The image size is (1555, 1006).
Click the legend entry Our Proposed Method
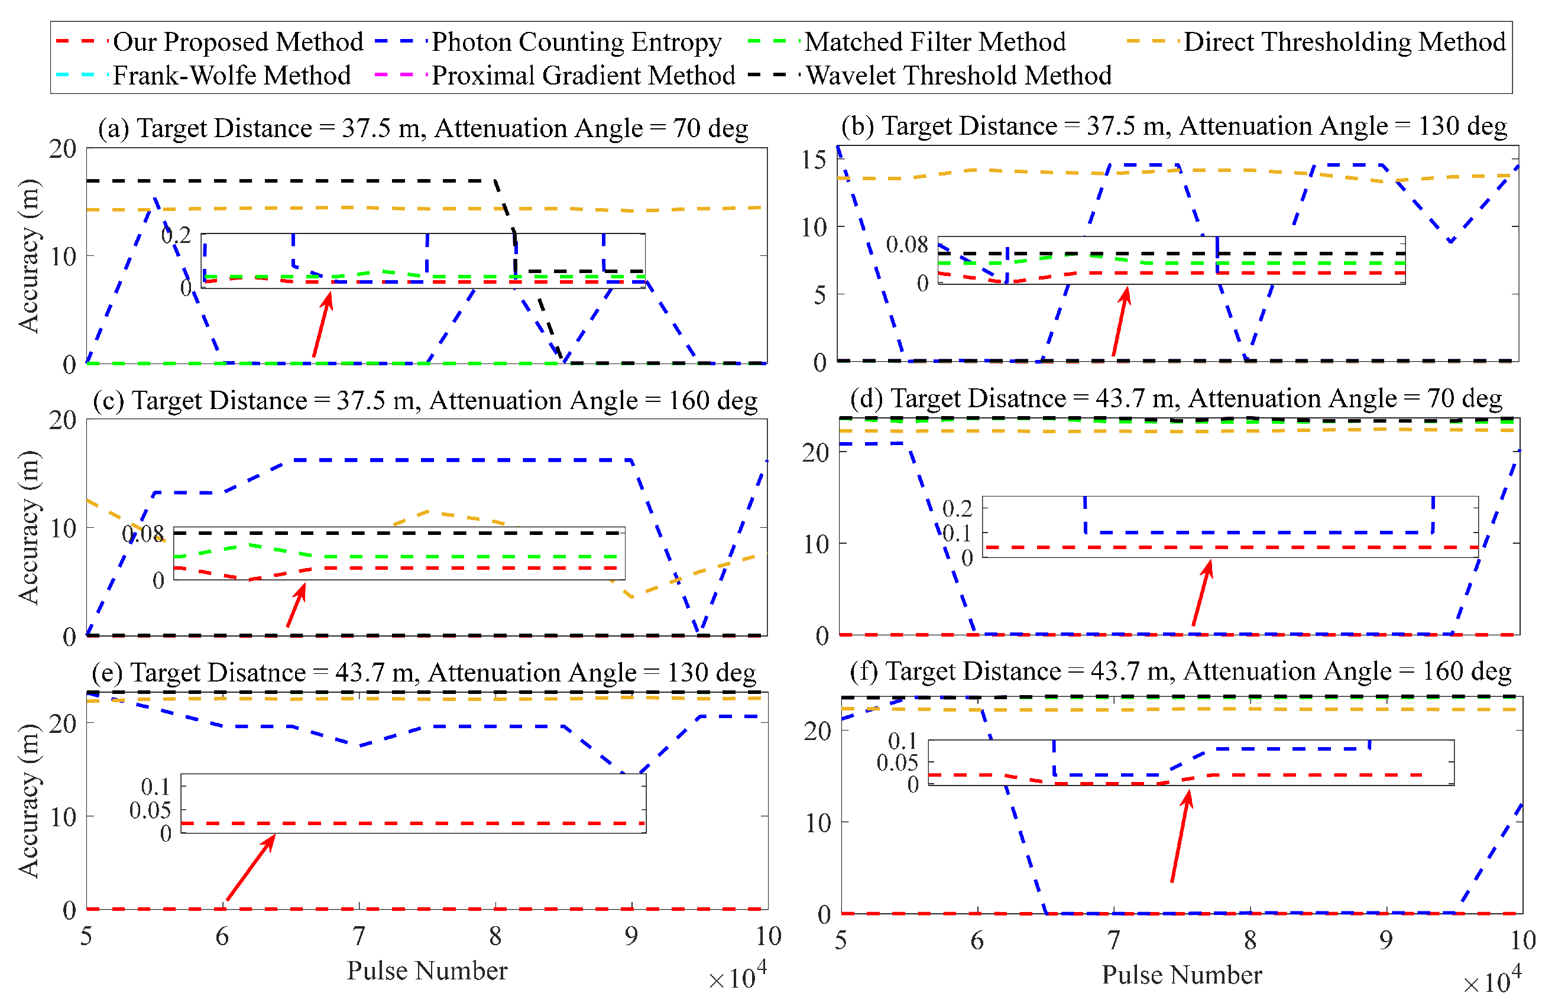[x=238, y=42]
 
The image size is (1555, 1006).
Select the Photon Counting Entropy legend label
[x=576, y=42]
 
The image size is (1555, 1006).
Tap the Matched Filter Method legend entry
[x=934, y=42]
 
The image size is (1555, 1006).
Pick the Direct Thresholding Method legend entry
[x=1344, y=42]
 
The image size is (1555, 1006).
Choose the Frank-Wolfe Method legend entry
[x=231, y=76]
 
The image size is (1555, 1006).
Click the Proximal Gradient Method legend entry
[x=583, y=76]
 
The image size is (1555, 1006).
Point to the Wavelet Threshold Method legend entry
[x=958, y=76]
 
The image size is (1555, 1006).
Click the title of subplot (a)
[x=423, y=128]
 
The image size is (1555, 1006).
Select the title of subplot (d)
[x=1176, y=398]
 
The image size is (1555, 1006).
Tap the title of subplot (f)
[x=1180, y=671]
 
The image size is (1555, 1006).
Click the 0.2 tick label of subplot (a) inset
[x=176, y=235]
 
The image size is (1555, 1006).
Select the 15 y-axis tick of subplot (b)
[x=814, y=160]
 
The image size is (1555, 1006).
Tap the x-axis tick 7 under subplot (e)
[x=359, y=937]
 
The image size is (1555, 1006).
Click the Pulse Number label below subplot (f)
[x=1181, y=975]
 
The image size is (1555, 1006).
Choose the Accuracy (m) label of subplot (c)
[x=29, y=527]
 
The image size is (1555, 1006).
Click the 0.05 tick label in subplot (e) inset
[x=150, y=811]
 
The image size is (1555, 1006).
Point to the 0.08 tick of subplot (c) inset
[x=142, y=534]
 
